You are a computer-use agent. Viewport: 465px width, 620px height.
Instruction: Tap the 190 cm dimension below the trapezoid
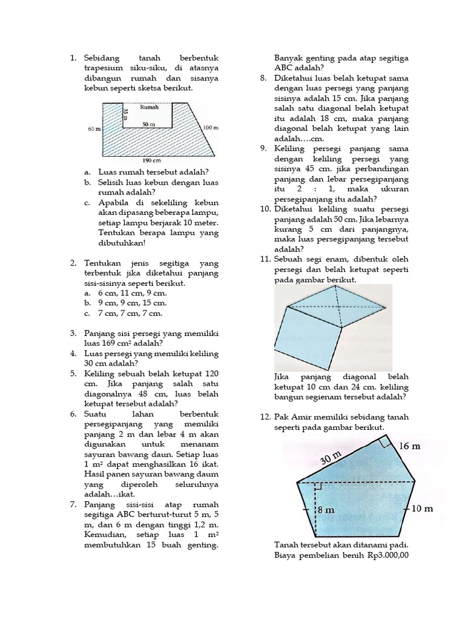tap(151, 161)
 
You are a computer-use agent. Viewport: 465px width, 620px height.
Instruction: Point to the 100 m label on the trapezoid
tap(210, 128)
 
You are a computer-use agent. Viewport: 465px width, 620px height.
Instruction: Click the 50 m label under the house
tap(149, 124)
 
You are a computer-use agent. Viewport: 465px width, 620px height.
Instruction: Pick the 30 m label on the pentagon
tap(331, 458)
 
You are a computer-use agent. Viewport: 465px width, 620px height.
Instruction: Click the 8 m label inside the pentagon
tap(327, 510)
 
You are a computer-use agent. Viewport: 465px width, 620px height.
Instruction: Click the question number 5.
tap(73, 374)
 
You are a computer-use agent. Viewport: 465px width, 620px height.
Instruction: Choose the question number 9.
tap(263, 148)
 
